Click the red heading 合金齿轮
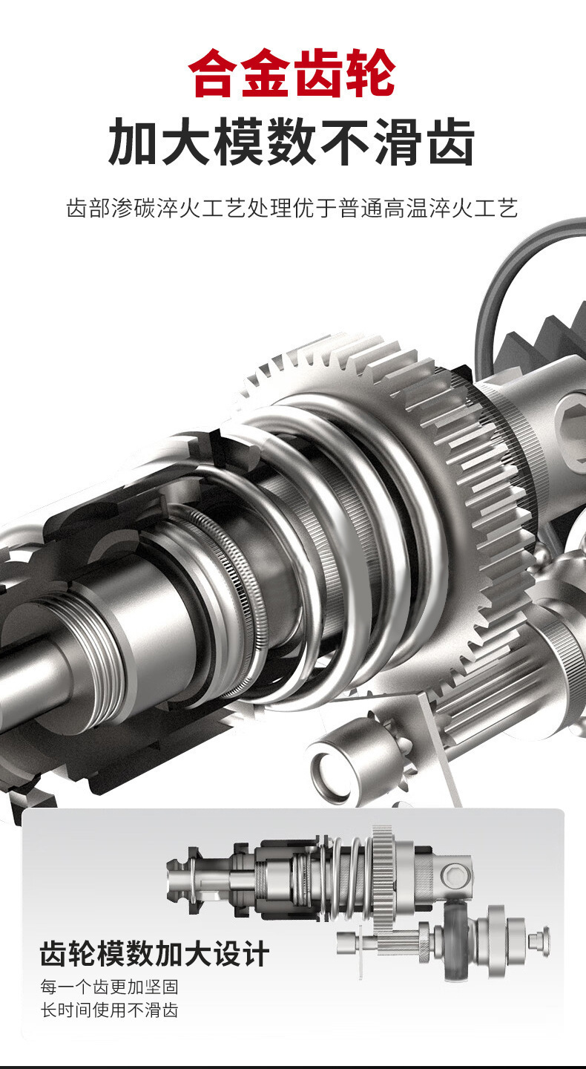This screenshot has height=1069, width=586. (292, 73)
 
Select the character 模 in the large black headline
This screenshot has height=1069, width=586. (239, 143)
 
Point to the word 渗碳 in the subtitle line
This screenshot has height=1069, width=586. (134, 209)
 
